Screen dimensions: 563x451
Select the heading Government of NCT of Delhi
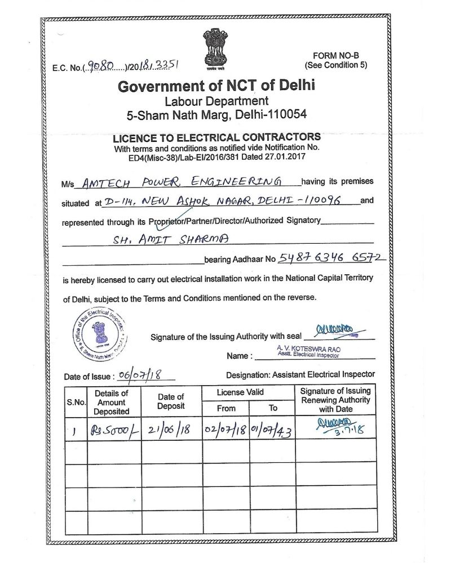tap(216, 87)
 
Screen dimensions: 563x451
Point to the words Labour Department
tap(216, 101)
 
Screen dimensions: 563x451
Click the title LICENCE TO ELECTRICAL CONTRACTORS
tap(216, 137)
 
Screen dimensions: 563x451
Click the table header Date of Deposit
tap(171, 401)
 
